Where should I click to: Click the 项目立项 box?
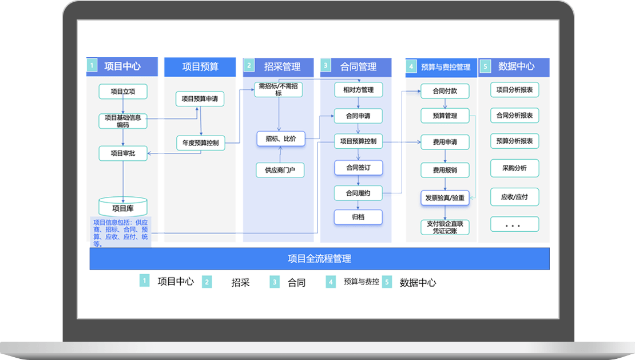(x=123, y=92)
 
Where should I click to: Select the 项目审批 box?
(x=123, y=153)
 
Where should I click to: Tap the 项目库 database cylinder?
(x=123, y=207)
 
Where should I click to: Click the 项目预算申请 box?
(x=199, y=98)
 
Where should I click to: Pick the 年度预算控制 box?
(x=200, y=143)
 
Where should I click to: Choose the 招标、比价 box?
(x=280, y=139)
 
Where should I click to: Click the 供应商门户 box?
(x=280, y=170)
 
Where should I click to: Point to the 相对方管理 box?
(x=358, y=90)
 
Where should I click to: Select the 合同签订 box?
(x=358, y=168)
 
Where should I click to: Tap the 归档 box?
(x=358, y=217)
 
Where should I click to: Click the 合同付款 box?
(x=445, y=91)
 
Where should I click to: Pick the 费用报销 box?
(x=445, y=170)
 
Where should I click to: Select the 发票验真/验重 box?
(x=445, y=198)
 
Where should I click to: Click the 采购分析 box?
(x=514, y=168)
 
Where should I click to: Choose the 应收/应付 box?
(x=514, y=197)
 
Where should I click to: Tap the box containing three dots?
(x=514, y=224)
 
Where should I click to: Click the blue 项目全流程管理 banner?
(x=319, y=259)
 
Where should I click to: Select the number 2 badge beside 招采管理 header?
(x=249, y=66)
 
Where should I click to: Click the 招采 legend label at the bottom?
(x=240, y=282)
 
